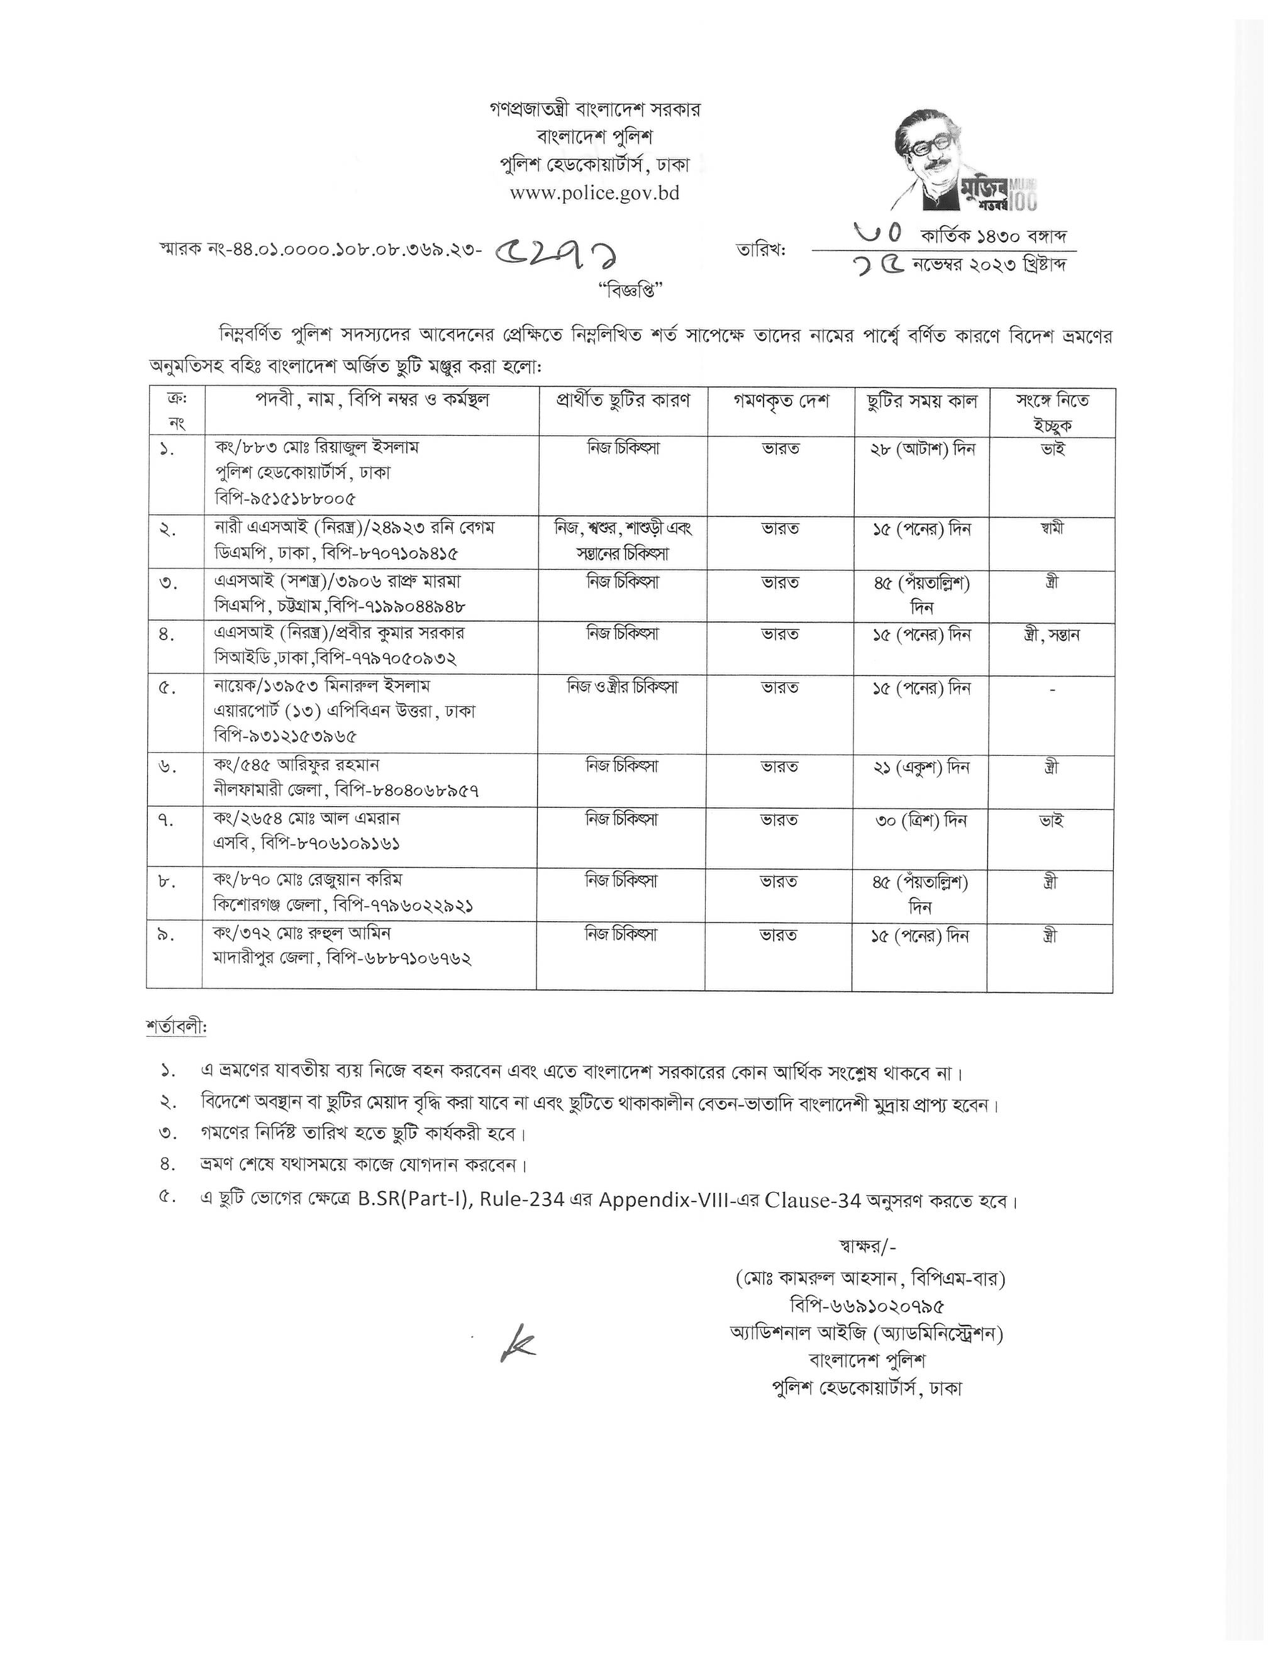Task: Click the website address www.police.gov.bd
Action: [x=594, y=193]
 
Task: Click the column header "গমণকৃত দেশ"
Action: [x=780, y=401]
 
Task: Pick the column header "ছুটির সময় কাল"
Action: [x=922, y=401]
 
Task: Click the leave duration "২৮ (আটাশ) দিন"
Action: [x=922, y=448]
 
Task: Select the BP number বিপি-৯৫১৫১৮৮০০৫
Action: [x=285, y=499]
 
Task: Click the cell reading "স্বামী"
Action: [x=1053, y=528]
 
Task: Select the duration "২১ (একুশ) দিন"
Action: [x=921, y=768]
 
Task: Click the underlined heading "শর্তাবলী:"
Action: [x=176, y=1027]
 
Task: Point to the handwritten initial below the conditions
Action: [x=518, y=1343]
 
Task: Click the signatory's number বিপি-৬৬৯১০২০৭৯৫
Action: [x=867, y=1307]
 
